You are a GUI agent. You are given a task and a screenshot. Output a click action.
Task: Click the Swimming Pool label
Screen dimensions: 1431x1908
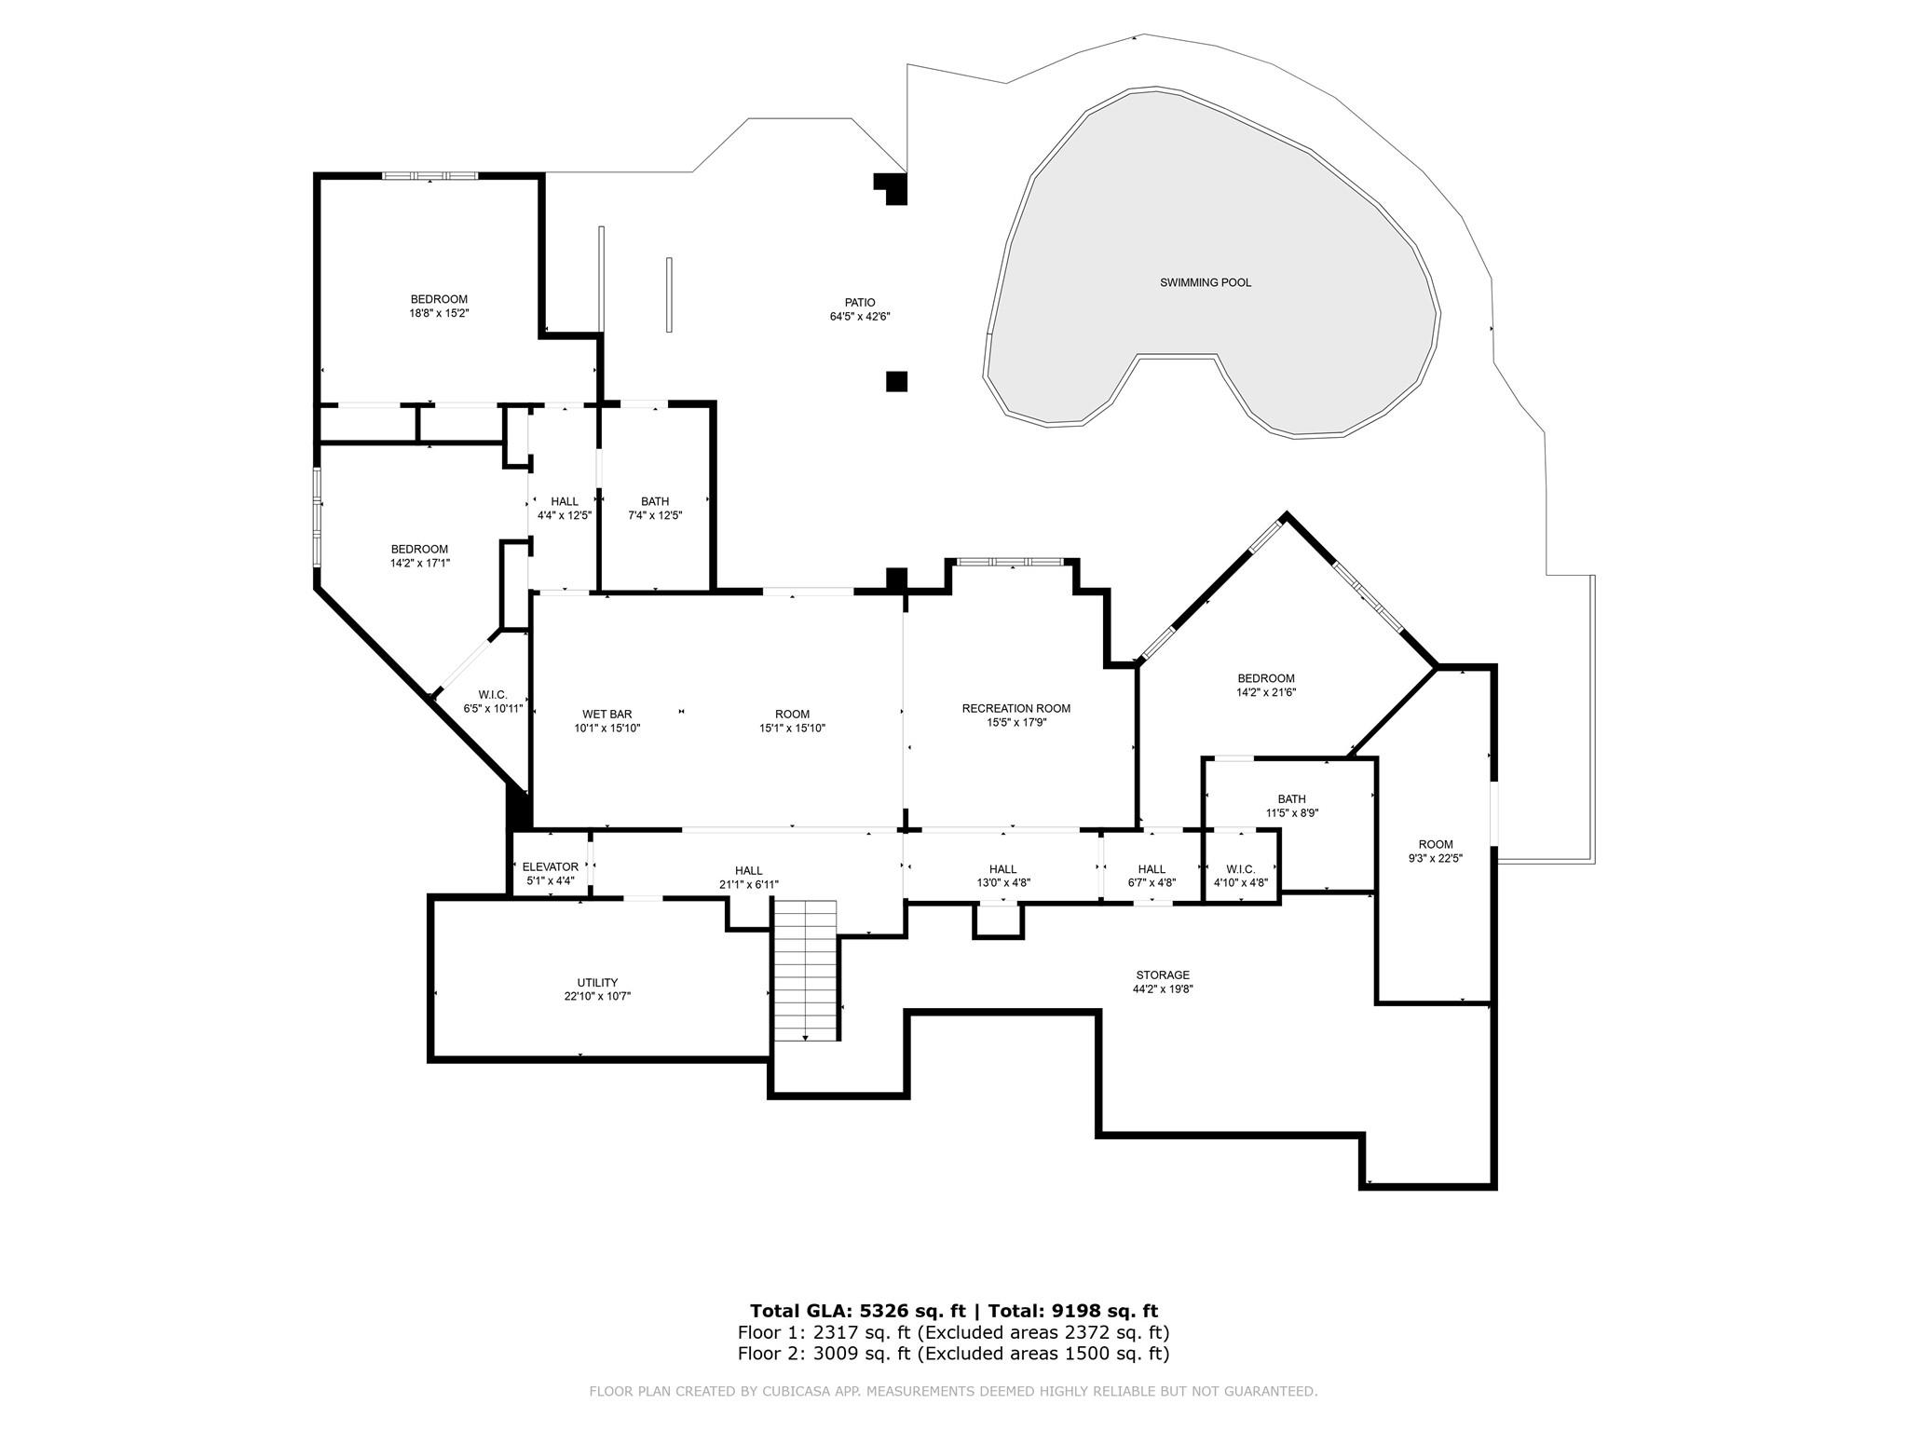[1205, 282]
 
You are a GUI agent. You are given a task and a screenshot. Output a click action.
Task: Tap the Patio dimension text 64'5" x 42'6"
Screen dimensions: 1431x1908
[860, 317]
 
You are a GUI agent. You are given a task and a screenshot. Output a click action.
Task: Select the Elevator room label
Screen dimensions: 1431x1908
[551, 866]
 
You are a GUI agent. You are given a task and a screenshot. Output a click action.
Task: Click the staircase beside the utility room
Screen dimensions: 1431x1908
[805, 969]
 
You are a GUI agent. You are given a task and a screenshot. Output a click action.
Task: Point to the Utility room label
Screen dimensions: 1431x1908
[597, 982]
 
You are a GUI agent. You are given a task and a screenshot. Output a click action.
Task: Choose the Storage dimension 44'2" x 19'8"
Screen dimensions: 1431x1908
[1162, 989]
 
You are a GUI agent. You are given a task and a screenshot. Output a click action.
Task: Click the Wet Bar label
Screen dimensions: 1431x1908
[607, 715]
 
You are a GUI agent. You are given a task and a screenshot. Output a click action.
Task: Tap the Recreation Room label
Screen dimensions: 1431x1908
[1015, 708]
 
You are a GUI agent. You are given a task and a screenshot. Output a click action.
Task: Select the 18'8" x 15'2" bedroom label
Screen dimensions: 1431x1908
[439, 299]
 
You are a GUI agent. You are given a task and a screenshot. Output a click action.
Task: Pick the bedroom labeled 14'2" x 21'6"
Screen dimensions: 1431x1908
[1265, 678]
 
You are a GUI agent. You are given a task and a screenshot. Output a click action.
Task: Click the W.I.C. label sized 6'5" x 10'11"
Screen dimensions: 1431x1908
[493, 695]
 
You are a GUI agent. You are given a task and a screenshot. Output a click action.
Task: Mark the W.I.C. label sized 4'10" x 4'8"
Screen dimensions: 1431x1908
[1240, 869]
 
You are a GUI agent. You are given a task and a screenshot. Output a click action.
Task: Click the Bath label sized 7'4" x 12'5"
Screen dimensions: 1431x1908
[655, 501]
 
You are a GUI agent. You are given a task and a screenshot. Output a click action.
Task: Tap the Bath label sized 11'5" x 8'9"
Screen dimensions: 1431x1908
[1291, 798]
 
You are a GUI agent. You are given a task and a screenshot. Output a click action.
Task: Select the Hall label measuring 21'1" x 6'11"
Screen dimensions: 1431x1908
[748, 871]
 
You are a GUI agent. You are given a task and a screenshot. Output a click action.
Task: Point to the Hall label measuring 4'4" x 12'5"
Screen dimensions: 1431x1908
[564, 501]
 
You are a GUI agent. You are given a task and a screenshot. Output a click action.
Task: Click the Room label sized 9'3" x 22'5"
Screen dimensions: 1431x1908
[1435, 845]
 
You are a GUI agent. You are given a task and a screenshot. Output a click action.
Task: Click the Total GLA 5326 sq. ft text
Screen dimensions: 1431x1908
[857, 1311]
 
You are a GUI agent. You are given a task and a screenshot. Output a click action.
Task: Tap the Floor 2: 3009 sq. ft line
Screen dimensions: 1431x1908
[953, 1354]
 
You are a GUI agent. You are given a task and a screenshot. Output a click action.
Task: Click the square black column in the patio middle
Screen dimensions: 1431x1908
[896, 381]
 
